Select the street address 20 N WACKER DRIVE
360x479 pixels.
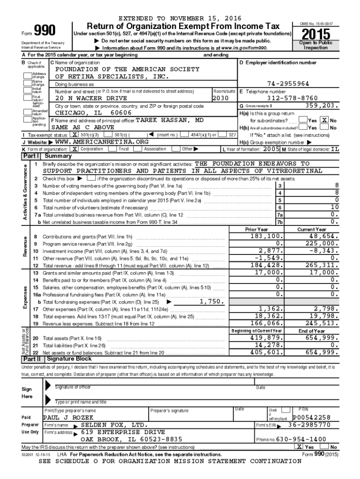(x=91, y=99)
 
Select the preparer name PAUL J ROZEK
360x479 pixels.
(x=68, y=417)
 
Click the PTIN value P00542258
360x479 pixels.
(x=311, y=417)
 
